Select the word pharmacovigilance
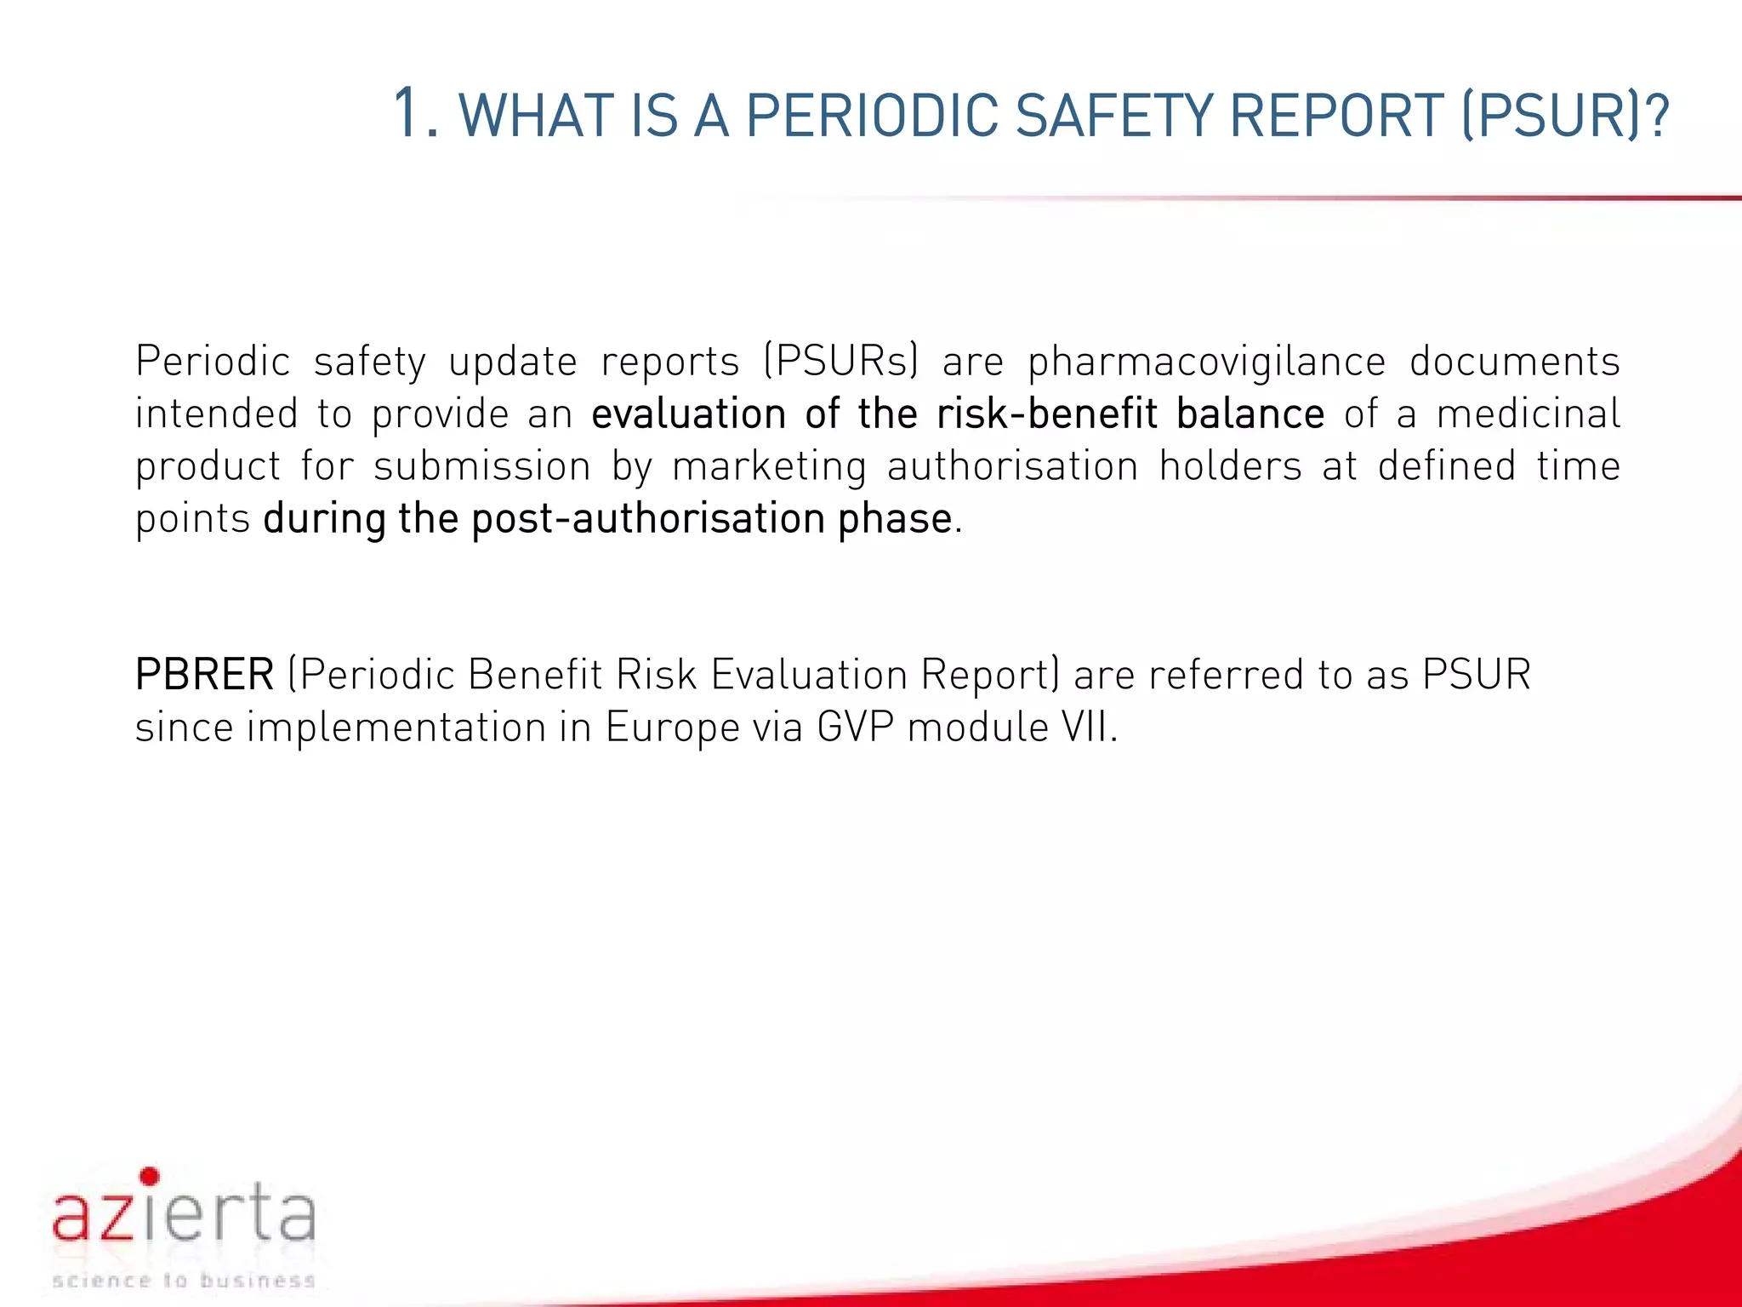1206,362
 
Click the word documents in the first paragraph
1514,361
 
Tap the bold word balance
1250,414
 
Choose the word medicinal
1529,414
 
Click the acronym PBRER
204,675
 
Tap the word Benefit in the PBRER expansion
535,675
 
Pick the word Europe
672,728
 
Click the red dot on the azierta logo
150,1176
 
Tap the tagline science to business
184,1280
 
